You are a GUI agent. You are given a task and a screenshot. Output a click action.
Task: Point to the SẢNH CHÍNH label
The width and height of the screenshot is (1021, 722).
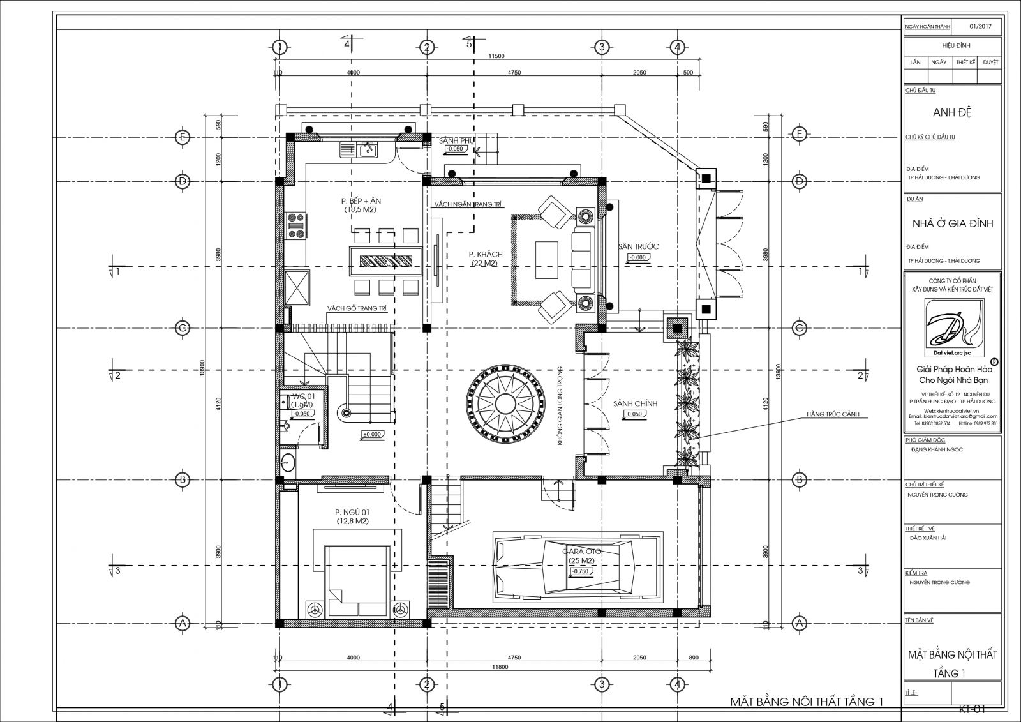[x=634, y=403]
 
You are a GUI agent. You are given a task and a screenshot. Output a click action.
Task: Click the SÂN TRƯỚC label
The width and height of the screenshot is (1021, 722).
[x=637, y=246]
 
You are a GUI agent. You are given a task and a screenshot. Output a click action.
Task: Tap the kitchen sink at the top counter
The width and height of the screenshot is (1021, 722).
[x=367, y=151]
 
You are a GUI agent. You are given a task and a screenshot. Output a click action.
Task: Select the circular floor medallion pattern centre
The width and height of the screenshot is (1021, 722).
[x=506, y=404]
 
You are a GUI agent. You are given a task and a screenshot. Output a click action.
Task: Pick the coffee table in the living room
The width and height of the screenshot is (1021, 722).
[x=546, y=259]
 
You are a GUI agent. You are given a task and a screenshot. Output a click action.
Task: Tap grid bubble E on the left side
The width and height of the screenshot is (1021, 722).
[x=182, y=135]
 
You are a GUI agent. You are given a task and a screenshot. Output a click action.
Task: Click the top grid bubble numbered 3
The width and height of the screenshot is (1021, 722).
[x=600, y=47]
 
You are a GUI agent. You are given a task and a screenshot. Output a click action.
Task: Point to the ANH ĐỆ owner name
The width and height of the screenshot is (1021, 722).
[x=951, y=113]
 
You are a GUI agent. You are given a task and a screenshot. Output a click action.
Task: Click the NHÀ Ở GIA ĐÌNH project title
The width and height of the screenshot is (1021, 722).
[x=951, y=223]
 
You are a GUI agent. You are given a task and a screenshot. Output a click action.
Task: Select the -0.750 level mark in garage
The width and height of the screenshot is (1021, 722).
[x=581, y=572]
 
